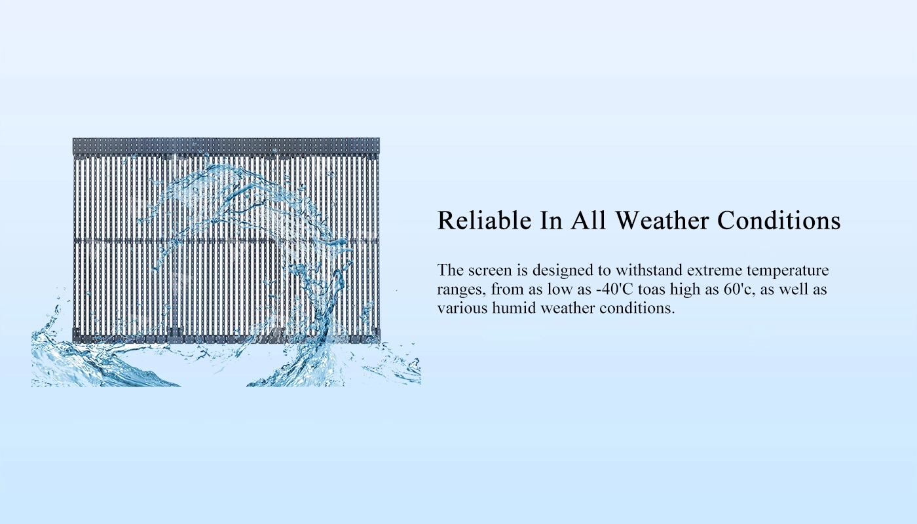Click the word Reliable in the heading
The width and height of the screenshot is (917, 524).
(x=485, y=220)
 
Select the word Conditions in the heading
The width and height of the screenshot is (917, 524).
(x=779, y=220)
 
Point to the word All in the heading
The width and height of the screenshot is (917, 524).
(x=588, y=220)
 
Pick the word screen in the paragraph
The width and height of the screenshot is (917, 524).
(x=490, y=271)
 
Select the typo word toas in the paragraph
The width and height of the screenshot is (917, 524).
(x=652, y=290)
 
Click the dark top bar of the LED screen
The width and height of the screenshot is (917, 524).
(x=226, y=146)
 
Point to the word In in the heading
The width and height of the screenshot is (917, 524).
(x=551, y=220)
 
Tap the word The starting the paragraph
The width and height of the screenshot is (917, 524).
(x=451, y=270)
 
